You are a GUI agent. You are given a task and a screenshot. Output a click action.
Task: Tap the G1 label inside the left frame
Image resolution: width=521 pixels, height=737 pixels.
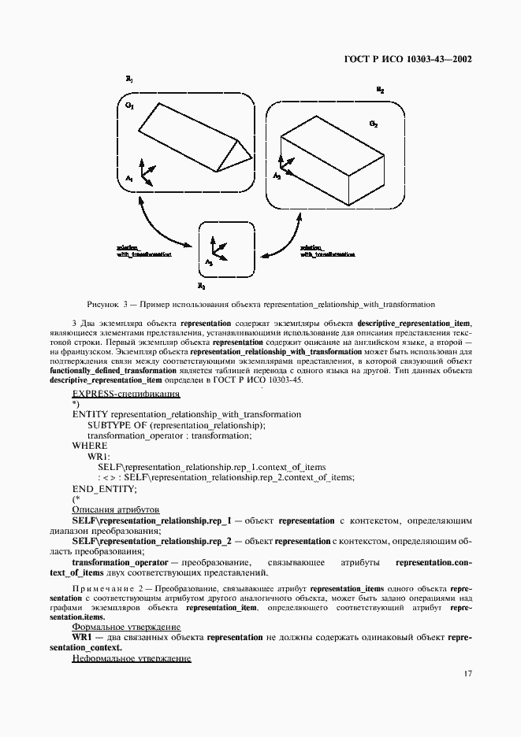[130, 106]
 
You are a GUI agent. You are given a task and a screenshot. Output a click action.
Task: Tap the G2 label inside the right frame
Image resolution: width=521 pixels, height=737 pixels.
[374, 124]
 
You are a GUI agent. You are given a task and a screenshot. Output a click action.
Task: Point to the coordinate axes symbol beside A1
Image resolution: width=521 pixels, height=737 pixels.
[146, 171]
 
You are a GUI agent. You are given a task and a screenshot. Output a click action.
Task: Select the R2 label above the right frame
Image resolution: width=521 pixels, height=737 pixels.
[381, 91]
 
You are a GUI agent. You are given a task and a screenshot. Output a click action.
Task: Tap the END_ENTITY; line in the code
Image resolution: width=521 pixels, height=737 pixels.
[104, 489]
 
